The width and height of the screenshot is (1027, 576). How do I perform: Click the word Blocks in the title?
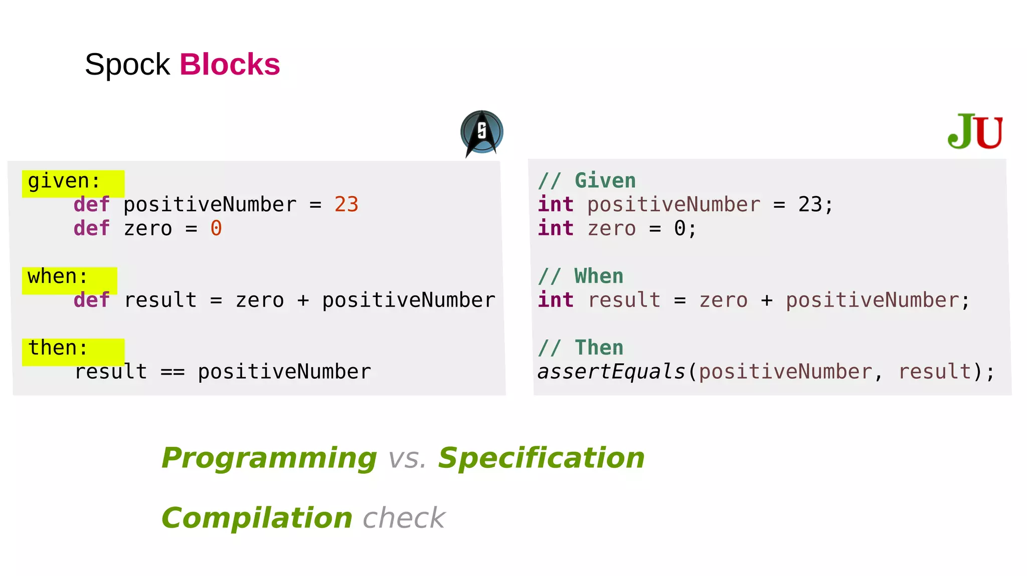pyautogui.click(x=230, y=65)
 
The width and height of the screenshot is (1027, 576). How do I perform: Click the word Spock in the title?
pyautogui.click(x=127, y=65)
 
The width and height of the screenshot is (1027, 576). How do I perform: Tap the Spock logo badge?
pyautogui.click(x=481, y=132)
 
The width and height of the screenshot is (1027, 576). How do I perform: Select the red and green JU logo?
pyautogui.click(x=975, y=131)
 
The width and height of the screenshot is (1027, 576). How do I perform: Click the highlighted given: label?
pyautogui.click(x=64, y=181)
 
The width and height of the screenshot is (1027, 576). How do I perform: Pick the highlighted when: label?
pyautogui.click(x=58, y=277)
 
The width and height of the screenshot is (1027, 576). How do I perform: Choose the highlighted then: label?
pyautogui.click(x=58, y=348)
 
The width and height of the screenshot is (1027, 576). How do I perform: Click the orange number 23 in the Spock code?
pyautogui.click(x=346, y=205)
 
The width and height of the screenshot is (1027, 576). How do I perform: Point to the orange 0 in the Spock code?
pyautogui.click(x=216, y=229)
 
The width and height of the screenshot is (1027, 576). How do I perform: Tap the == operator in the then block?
pyautogui.click(x=173, y=372)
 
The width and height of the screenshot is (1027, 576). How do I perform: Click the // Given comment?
pyautogui.click(x=587, y=181)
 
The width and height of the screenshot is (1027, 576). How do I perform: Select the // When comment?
pyautogui.click(x=581, y=276)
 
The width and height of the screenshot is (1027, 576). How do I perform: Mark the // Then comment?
pyautogui.click(x=581, y=348)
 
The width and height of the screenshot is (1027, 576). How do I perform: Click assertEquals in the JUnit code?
pyautogui.click(x=611, y=372)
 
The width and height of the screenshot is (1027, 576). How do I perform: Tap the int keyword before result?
pyautogui.click(x=556, y=301)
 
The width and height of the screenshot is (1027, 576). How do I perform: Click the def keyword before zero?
pyautogui.click(x=91, y=229)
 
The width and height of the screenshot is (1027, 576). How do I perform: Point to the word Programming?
pyautogui.click(x=269, y=458)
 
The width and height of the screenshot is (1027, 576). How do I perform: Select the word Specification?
pyautogui.click(x=541, y=458)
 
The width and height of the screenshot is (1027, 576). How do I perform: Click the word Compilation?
pyautogui.click(x=257, y=518)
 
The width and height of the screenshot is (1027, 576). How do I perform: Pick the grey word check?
pyautogui.click(x=404, y=518)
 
